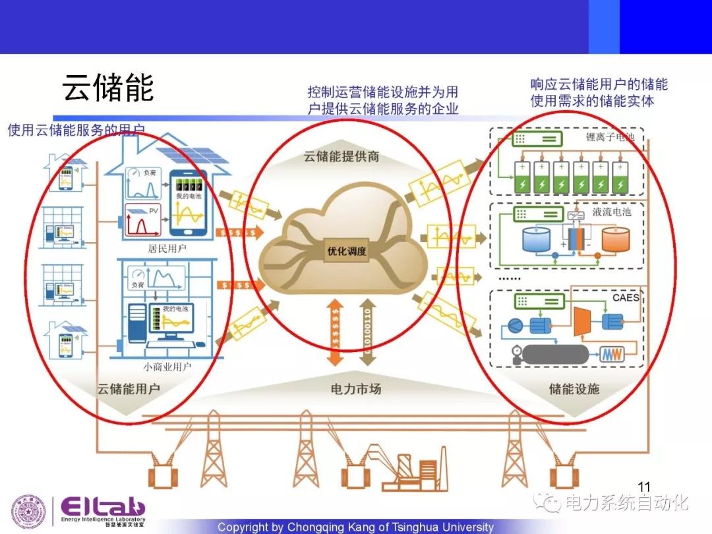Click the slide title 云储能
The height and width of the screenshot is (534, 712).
click(x=108, y=88)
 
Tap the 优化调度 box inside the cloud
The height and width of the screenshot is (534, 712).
click(x=346, y=251)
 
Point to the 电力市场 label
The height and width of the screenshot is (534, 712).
click(x=355, y=389)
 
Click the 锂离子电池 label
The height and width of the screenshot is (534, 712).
click(x=610, y=138)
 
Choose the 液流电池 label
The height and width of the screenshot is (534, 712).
click(x=611, y=212)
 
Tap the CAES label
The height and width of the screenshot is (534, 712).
click(x=626, y=297)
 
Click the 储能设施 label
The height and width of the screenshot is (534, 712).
click(x=574, y=389)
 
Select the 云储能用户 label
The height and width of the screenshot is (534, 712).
click(x=129, y=389)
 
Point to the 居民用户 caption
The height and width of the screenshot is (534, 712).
click(x=167, y=249)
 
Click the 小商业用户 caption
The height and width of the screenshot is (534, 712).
click(x=167, y=367)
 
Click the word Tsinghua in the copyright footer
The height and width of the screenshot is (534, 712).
click(x=398, y=527)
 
